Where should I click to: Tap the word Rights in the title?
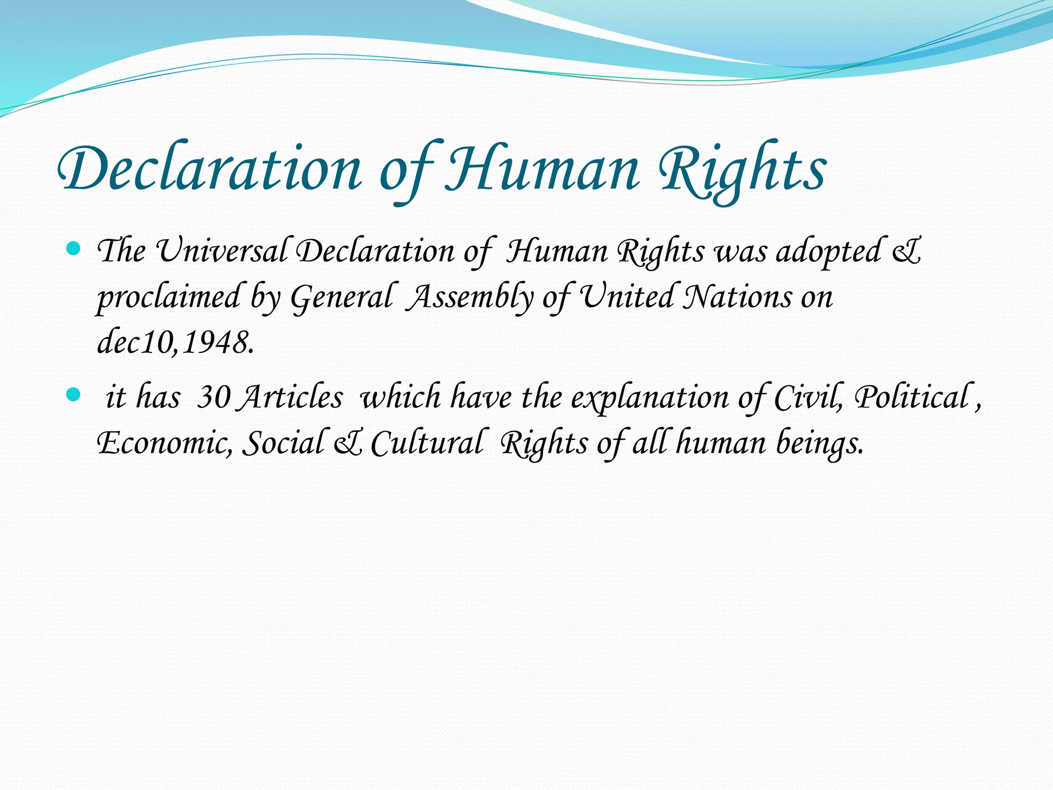[743, 170]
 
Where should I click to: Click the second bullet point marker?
[74, 395]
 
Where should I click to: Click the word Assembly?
[470, 298]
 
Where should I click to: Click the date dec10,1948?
[175, 343]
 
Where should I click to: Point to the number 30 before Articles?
[213, 398]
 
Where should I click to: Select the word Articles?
[290, 398]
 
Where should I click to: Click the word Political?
[911, 398]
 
